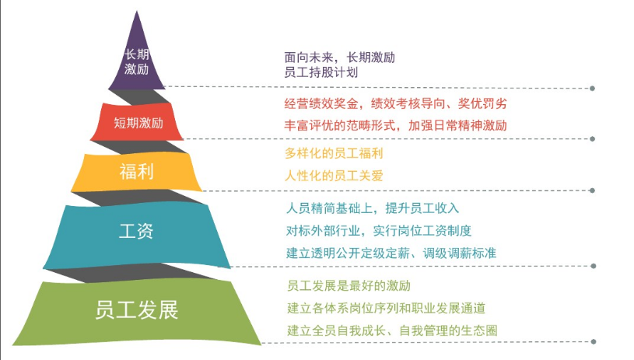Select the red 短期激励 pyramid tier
(x=137, y=121)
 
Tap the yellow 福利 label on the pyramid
(x=136, y=171)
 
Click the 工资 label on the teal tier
(x=136, y=231)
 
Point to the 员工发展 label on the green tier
(x=137, y=310)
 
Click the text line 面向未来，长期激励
(x=340, y=58)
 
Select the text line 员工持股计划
(x=321, y=73)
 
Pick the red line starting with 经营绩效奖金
(x=395, y=104)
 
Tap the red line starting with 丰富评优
(x=395, y=126)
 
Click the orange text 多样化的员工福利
(x=334, y=153)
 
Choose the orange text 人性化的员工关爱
(x=334, y=176)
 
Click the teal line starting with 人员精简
(x=373, y=208)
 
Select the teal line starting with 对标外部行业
(x=379, y=231)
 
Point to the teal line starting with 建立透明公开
(x=391, y=253)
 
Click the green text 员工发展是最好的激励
(x=349, y=285)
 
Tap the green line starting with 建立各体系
(x=386, y=308)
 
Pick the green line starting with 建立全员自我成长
(x=392, y=330)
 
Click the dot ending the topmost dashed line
(x=592, y=88)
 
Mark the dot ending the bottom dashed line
(x=594, y=342)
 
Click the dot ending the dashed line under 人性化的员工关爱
(x=592, y=190)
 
